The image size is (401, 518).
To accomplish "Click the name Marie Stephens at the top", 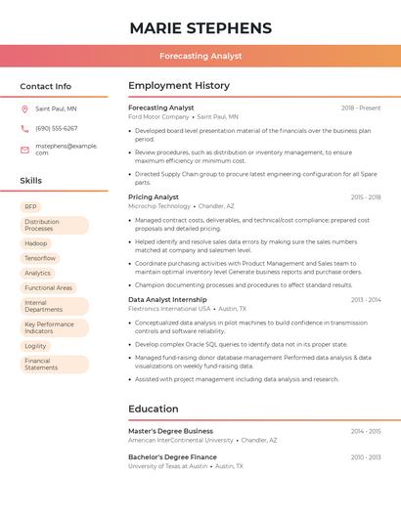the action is click(x=200, y=27).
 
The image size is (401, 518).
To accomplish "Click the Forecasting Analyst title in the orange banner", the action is click(x=200, y=56).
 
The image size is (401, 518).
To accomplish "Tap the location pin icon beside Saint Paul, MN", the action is click(x=24, y=108).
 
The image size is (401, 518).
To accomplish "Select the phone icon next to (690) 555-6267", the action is click(x=24, y=128).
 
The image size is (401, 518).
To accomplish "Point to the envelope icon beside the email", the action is click(x=24, y=150).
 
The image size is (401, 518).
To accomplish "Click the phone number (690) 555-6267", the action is click(x=57, y=128).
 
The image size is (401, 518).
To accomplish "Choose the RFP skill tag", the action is click(x=31, y=206).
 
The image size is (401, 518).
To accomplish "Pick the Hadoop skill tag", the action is click(x=36, y=243).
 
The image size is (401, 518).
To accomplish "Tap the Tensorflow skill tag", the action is click(x=41, y=258).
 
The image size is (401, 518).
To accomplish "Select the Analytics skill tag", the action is click(x=38, y=273).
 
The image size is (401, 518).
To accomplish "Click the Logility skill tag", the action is click(x=36, y=346).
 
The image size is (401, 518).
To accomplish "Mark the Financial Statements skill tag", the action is click(x=41, y=365).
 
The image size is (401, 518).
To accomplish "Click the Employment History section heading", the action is click(x=179, y=86).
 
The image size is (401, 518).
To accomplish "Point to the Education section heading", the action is click(x=155, y=409).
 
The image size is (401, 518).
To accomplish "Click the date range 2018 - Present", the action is click(x=361, y=108).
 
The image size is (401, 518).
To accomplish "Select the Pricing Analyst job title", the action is click(x=154, y=197).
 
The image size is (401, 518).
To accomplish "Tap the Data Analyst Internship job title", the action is click(x=167, y=299).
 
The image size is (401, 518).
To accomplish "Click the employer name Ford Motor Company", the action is click(x=157, y=117).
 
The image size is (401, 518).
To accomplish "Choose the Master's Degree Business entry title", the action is click(x=170, y=431).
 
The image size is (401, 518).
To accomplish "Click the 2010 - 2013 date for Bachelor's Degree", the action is click(x=366, y=457).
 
